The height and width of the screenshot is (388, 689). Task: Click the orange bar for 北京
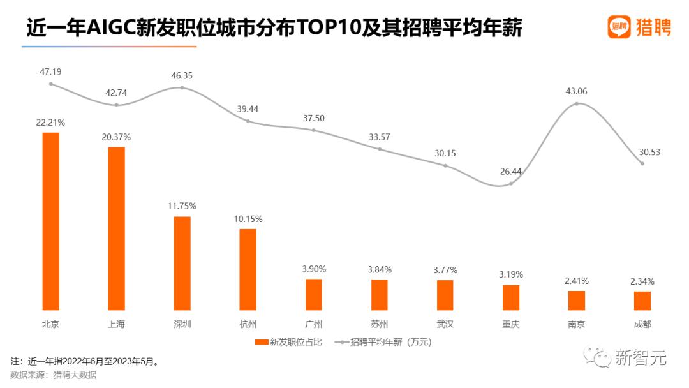pos(50,221)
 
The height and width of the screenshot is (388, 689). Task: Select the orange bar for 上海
pos(116,228)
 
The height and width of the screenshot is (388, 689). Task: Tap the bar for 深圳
pos(182,264)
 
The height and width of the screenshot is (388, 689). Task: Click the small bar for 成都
pos(642,301)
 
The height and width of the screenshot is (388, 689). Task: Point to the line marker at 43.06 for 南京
pos(577,103)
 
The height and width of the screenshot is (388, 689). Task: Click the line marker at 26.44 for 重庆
pos(511,183)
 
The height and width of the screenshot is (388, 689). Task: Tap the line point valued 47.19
pos(50,84)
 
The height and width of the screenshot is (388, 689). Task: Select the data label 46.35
pos(182,75)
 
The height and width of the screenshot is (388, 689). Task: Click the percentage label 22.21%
pos(50,122)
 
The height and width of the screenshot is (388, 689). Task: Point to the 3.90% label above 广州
pos(313,269)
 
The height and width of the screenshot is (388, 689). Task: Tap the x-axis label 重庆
pos(511,324)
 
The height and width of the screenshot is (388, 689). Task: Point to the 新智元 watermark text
pos(641,359)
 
